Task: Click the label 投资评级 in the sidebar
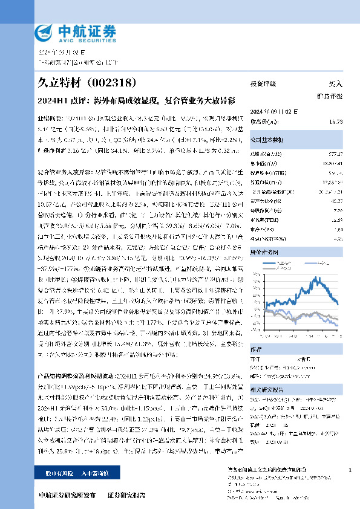[x=263, y=84]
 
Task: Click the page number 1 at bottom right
[x=350, y=470]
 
